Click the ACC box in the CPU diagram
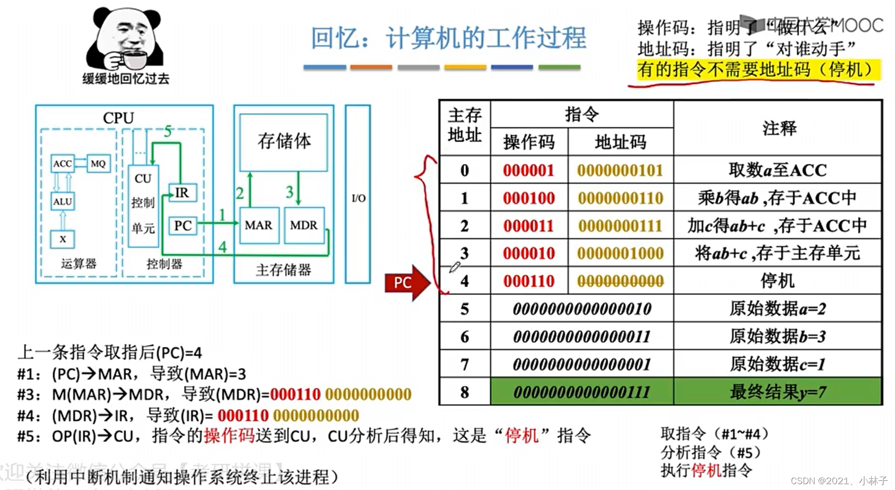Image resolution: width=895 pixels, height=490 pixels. pyautogui.click(x=62, y=163)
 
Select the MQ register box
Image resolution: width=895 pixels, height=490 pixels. pyautogui.click(x=98, y=163)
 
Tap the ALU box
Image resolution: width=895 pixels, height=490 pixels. pyautogui.click(x=62, y=201)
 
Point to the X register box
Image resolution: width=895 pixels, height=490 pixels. pyautogui.click(x=62, y=239)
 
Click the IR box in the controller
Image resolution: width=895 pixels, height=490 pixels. pyautogui.click(x=182, y=193)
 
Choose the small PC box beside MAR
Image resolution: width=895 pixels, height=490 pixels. pyautogui.click(x=183, y=226)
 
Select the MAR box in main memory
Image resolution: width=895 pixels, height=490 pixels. pyautogui.click(x=259, y=225)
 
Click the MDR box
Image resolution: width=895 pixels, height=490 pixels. pyautogui.click(x=304, y=225)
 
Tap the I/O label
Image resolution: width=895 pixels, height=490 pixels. pyautogui.click(x=358, y=198)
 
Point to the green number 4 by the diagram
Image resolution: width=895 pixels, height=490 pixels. pyautogui.click(x=223, y=247)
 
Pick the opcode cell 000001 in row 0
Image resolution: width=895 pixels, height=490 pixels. pyautogui.click(x=529, y=170)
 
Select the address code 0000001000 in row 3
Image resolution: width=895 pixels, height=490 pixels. pyautogui.click(x=620, y=254)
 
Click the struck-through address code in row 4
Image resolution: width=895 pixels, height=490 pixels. pyautogui.click(x=620, y=281)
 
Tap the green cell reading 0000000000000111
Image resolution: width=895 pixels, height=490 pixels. pyautogui.click(x=582, y=392)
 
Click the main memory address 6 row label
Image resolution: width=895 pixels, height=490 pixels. pyautogui.click(x=465, y=337)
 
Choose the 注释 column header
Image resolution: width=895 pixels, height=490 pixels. pyautogui.click(x=779, y=128)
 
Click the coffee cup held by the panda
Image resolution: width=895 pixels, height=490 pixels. pyautogui.click(x=131, y=60)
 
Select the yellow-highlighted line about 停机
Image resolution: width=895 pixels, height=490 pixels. pyautogui.click(x=758, y=70)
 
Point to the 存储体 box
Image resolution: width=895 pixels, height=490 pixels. pyautogui.click(x=284, y=142)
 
